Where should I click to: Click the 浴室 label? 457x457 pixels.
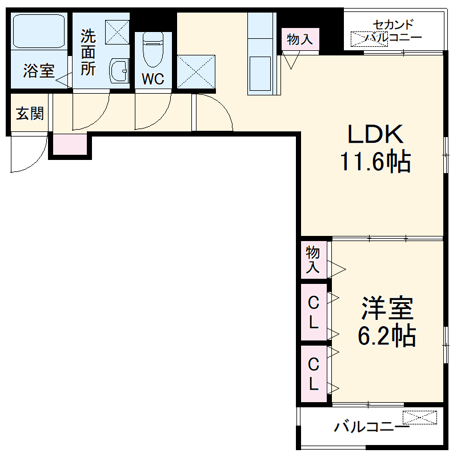[39, 71]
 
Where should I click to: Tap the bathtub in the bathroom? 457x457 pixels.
[39, 33]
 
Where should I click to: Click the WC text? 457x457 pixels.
[153, 79]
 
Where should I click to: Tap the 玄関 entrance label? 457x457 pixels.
[29, 114]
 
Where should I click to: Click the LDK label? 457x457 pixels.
[376, 134]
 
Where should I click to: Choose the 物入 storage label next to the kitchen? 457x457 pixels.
[299, 39]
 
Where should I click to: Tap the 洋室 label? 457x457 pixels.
[386, 309]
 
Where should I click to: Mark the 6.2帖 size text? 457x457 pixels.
[386, 336]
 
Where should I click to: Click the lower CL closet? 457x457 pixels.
[313, 374]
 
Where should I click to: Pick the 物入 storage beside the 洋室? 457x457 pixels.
[313, 260]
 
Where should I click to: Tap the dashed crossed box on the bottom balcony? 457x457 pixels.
[420, 418]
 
